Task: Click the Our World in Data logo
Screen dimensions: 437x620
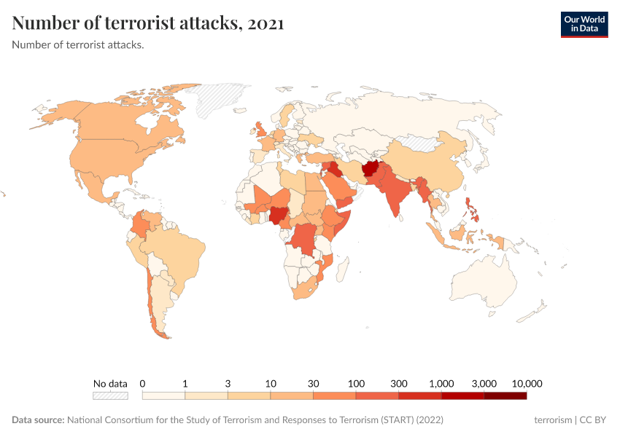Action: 584,24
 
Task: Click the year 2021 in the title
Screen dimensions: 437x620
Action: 266,23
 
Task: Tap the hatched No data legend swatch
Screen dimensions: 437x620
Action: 110,395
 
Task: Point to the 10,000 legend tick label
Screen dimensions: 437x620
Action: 527,383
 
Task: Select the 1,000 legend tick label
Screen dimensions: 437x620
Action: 442,383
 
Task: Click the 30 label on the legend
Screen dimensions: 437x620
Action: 314,383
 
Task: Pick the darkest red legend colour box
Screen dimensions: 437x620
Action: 505,395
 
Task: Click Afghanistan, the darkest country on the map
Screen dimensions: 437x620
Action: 371,169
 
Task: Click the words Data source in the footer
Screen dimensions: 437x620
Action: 38,420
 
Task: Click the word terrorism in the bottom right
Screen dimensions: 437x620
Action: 553,420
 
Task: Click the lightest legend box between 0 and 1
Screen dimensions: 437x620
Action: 163,395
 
